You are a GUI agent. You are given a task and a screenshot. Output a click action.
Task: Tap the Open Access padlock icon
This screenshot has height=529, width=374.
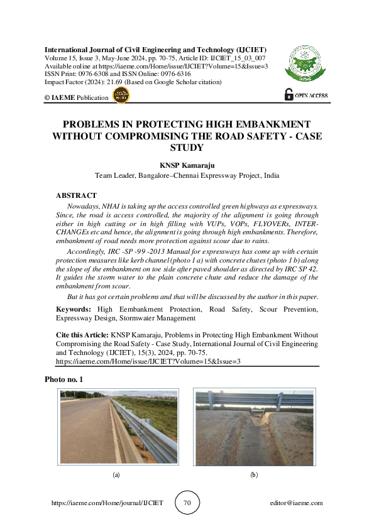point(289,94)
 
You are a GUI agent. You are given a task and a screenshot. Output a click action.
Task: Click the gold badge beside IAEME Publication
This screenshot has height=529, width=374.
point(120,95)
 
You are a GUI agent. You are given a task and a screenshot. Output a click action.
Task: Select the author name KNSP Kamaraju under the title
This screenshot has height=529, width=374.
point(187,165)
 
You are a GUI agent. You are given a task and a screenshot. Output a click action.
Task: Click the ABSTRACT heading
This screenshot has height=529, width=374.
point(76,196)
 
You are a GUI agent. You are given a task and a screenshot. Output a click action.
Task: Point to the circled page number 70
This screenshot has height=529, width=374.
point(187,503)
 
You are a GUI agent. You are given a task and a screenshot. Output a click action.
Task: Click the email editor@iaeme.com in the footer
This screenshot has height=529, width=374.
point(295,503)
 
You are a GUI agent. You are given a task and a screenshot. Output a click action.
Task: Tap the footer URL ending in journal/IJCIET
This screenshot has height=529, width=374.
point(107,503)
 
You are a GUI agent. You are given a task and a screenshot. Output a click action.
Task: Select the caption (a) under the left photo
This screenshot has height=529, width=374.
point(116,476)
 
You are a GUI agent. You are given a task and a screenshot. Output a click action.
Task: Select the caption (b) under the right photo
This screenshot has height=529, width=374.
point(254,476)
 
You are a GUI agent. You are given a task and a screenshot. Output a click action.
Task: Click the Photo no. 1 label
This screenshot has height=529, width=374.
point(63,379)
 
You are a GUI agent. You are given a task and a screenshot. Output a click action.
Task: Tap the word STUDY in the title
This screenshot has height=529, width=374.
point(187,148)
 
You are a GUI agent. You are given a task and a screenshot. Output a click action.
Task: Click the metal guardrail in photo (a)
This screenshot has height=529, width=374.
point(145,434)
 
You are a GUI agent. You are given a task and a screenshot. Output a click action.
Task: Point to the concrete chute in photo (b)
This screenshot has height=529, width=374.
point(255,440)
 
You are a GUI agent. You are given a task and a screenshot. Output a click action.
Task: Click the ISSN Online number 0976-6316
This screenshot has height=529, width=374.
point(174,74)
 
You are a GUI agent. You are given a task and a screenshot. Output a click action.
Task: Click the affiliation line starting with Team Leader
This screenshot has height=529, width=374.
point(187,176)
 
